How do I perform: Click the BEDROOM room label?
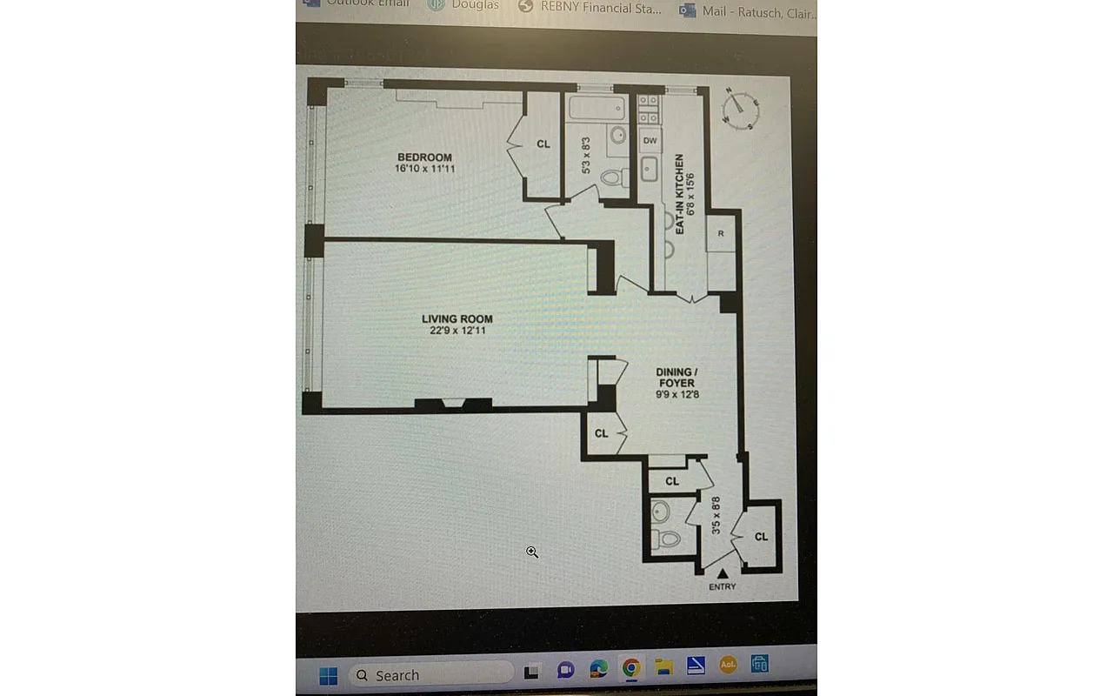(424, 157)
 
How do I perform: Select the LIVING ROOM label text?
(457, 319)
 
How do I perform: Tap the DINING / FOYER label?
(676, 377)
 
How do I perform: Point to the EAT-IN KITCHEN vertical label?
(679, 193)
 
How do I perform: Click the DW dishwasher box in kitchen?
(650, 140)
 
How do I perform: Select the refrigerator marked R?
(721, 234)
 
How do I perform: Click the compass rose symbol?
(739, 109)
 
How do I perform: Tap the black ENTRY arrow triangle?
(722, 572)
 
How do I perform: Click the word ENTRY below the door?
(722, 587)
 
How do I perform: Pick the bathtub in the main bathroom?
(596, 109)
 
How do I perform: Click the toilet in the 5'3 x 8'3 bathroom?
(613, 177)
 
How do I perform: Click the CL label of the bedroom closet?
(543, 144)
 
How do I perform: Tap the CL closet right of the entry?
(761, 537)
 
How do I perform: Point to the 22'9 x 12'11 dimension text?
(457, 331)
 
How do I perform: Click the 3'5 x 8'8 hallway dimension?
(716, 515)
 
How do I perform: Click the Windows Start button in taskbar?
(328, 675)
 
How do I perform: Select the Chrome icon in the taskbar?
(631, 667)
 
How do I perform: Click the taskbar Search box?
(430, 675)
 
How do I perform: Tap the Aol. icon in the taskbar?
(728, 666)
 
